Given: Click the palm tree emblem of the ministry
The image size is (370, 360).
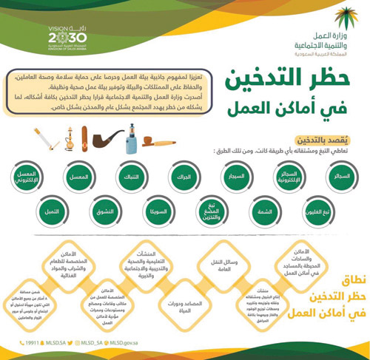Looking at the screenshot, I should tap(343, 19).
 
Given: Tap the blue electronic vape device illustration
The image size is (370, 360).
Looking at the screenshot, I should tap(131, 138).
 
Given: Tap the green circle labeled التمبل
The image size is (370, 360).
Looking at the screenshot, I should tap(53, 212).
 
